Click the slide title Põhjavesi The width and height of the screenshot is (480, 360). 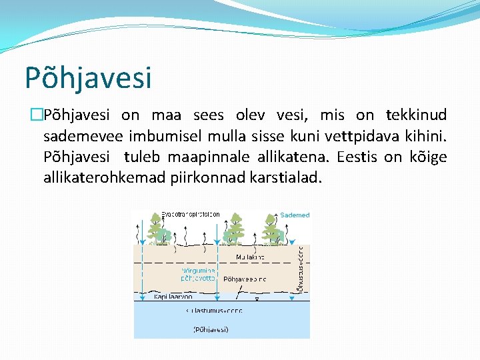click(88, 77)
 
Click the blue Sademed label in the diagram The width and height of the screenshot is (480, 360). click(295, 215)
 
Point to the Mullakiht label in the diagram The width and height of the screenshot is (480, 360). click(250, 257)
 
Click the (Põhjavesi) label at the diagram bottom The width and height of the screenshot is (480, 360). click(211, 329)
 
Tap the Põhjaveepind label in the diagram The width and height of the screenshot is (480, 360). click(245, 279)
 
